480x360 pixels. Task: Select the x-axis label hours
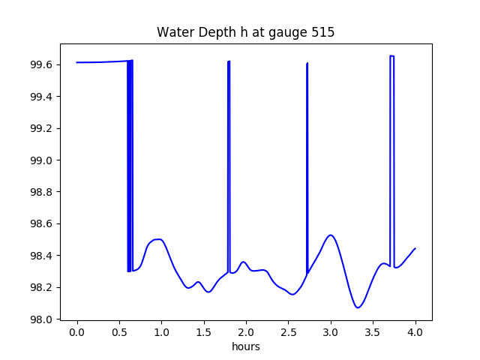pos(245,346)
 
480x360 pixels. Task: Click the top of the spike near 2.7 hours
pos(307,64)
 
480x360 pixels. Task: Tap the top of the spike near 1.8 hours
pos(229,61)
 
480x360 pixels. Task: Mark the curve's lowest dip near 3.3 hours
pos(358,307)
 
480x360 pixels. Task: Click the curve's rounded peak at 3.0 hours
pos(331,235)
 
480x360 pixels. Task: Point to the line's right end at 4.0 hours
pos(415,248)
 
